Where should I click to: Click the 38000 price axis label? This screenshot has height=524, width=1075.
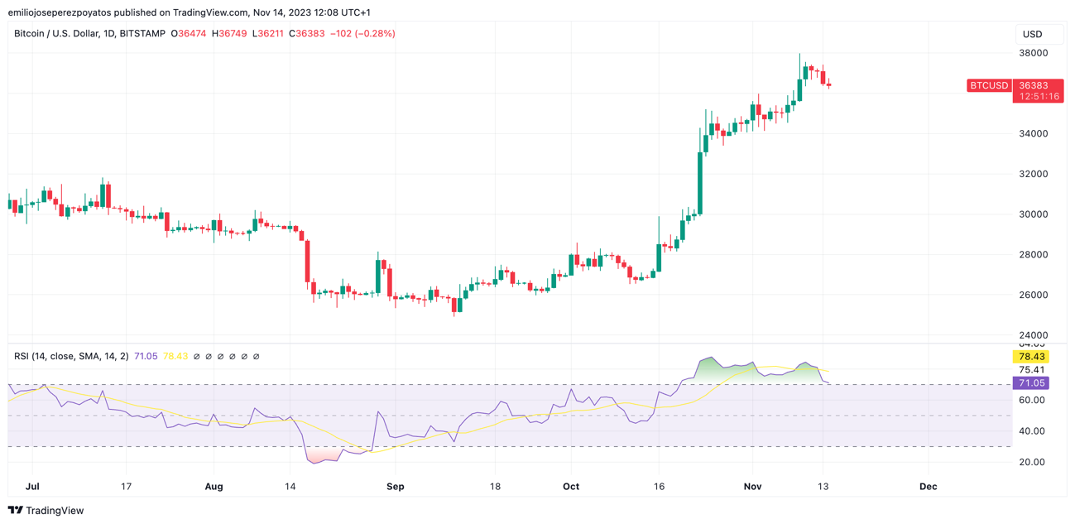click(x=1033, y=53)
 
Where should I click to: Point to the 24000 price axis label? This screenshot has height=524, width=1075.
click(x=1033, y=335)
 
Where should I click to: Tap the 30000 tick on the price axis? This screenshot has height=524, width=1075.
click(x=1033, y=214)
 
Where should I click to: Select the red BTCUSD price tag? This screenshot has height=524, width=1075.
click(x=989, y=85)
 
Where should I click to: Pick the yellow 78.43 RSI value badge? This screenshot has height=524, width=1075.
click(x=1031, y=357)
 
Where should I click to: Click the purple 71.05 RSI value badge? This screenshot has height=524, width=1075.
click(x=1031, y=383)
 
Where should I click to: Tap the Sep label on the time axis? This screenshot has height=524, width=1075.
click(x=396, y=487)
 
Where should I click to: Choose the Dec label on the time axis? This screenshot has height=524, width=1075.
click(x=929, y=487)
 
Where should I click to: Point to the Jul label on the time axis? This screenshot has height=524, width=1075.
click(x=33, y=487)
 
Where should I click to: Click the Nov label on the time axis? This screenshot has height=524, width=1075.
click(x=752, y=487)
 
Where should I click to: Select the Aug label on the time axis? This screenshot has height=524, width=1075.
click(x=214, y=487)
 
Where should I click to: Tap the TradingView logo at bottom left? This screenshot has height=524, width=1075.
click(x=46, y=511)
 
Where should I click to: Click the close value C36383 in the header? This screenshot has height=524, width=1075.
click(x=307, y=34)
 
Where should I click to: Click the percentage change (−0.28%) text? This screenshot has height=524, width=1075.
click(x=374, y=34)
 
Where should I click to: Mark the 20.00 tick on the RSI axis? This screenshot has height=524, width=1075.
click(x=1031, y=462)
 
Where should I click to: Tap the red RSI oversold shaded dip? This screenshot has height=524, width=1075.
click(x=323, y=454)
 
